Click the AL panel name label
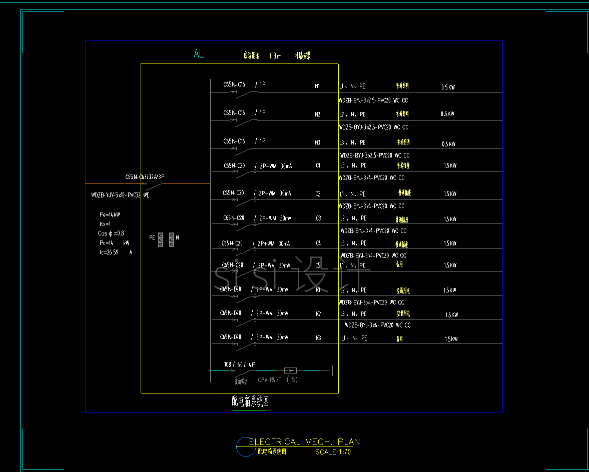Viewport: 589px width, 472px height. click(x=199, y=54)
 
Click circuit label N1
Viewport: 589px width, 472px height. click(x=317, y=86)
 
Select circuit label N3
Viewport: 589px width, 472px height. click(x=317, y=143)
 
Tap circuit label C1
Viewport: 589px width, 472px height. click(x=318, y=165)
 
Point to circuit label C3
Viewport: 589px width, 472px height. click(x=318, y=218)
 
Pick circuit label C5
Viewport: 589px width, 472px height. click(x=318, y=265)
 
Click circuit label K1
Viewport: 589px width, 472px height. click(x=318, y=290)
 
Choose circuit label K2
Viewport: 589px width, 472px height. click(x=318, y=314)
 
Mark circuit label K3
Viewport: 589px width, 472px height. click(x=318, y=338)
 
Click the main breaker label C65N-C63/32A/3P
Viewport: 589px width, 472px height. click(x=145, y=177)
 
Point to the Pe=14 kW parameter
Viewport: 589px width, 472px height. click(x=110, y=214)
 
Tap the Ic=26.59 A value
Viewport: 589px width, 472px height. click(x=116, y=252)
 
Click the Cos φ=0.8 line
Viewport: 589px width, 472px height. click(x=111, y=233)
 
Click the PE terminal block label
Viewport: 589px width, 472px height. click(x=152, y=238)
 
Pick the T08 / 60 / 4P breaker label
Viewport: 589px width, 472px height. click(x=240, y=365)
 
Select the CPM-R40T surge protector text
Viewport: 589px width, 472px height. click(x=270, y=380)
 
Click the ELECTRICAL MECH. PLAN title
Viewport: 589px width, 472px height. click(x=304, y=442)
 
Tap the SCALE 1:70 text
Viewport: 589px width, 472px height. click(x=333, y=452)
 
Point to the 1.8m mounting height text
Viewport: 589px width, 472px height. click(x=275, y=56)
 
